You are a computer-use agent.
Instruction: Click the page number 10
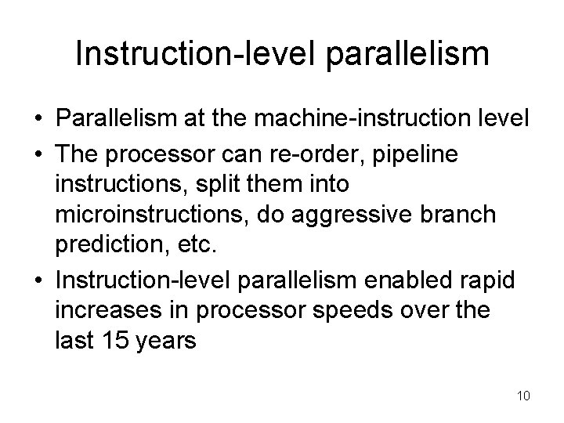pos(523,396)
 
